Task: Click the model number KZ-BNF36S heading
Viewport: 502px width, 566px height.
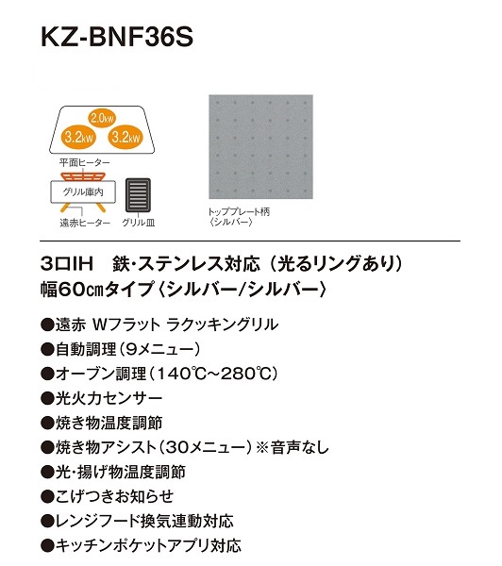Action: pos(117,37)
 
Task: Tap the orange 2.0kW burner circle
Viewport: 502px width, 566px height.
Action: pos(102,118)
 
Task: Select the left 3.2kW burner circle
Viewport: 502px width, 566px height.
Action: pos(78,137)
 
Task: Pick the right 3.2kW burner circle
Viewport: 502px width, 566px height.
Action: pos(125,137)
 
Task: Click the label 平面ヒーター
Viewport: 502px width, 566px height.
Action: pos(85,163)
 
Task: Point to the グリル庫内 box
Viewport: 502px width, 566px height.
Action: pos(83,191)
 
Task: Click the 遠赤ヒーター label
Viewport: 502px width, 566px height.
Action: pos(85,223)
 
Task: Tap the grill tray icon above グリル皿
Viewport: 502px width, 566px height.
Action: pos(138,195)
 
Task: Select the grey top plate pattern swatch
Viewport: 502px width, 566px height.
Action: pos(260,146)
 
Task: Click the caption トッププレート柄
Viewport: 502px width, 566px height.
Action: pos(239,211)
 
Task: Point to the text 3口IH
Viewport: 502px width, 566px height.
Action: pos(67,263)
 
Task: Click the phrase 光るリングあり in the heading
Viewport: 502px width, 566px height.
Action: pos(337,263)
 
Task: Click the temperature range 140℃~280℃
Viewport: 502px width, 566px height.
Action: pos(213,374)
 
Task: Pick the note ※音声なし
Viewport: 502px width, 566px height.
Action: pos(293,447)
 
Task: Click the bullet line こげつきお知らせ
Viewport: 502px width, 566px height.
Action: pos(108,497)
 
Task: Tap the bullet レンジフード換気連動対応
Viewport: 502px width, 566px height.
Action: pos(137,522)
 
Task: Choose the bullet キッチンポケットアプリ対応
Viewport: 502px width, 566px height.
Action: pos(142,546)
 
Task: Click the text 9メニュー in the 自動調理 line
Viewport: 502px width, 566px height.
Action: pos(160,349)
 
